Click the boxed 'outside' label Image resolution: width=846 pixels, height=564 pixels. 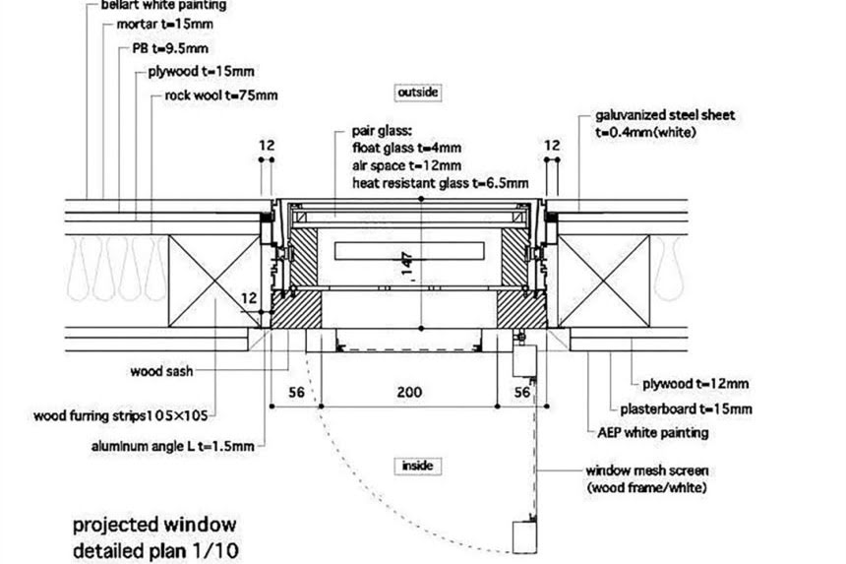click(x=417, y=93)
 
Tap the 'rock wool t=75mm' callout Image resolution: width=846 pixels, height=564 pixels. click(x=221, y=95)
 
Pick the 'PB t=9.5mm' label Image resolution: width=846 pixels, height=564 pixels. click(x=168, y=48)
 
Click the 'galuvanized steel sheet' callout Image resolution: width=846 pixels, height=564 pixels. click(x=664, y=115)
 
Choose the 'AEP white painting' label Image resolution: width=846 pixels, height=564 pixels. click(x=652, y=432)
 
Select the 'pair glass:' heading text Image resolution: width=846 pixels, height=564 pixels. click(x=387, y=130)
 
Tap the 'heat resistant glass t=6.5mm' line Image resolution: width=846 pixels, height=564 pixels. click(x=440, y=183)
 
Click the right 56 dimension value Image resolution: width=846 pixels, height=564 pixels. click(x=522, y=392)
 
